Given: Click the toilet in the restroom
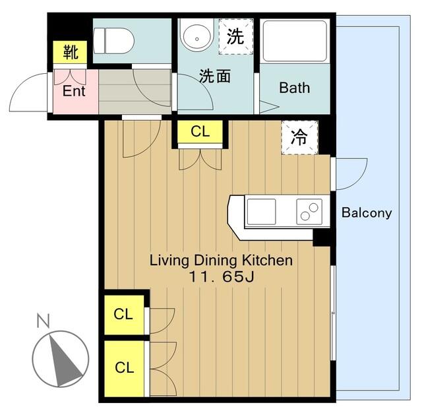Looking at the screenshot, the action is click(113, 41).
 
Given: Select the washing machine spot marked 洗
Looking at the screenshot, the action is click(236, 37).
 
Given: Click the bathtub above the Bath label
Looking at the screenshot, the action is click(295, 41).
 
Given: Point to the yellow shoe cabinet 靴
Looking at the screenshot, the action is click(70, 52).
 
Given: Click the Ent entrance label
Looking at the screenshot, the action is click(74, 91).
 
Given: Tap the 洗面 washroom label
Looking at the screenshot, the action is click(215, 77).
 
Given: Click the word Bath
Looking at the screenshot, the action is click(295, 88).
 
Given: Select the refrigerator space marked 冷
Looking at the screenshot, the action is click(299, 137).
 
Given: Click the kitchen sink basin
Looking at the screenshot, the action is click(261, 212).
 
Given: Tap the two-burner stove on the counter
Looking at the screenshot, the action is click(309, 212).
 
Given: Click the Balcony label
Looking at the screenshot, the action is click(367, 213).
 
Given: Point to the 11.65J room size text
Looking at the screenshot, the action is click(222, 276).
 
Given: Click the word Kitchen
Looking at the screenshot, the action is click(267, 261).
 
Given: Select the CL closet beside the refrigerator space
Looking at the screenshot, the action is click(200, 132).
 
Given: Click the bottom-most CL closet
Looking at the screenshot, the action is click(124, 368).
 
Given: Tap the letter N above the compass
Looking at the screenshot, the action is click(43, 321).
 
